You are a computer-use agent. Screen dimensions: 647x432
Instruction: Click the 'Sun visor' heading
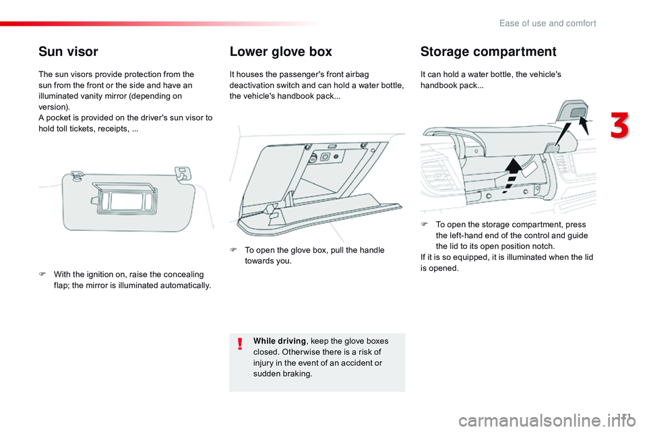tap(68, 52)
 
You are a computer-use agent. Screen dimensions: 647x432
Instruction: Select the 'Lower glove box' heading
tap(280, 52)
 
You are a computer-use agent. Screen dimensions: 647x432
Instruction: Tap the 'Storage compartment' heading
tap(488, 52)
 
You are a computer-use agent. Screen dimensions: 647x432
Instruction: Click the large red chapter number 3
tap(620, 125)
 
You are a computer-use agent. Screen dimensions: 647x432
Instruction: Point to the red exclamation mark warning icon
tap(240, 344)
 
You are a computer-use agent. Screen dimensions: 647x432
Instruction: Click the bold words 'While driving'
tap(279, 341)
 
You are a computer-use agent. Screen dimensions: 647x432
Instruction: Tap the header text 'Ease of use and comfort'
tap(547, 24)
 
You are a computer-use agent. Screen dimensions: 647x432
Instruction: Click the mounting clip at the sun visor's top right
tap(183, 173)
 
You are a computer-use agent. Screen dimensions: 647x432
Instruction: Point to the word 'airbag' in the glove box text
tap(357, 75)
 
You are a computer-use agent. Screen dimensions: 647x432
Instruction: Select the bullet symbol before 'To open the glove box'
tap(233, 250)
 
